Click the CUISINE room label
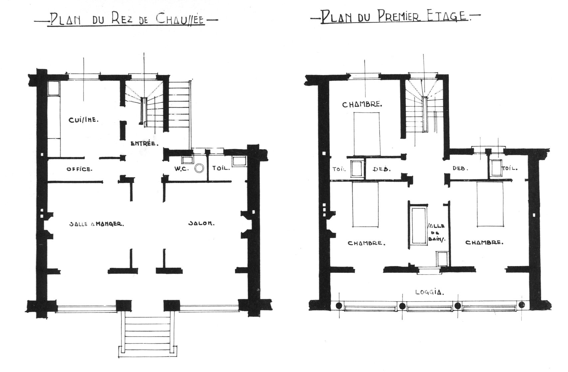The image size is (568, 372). click(x=84, y=120)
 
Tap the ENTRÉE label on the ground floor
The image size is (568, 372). click(x=144, y=143)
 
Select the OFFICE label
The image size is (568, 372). click(x=80, y=169)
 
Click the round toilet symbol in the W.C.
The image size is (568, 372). click(x=199, y=168)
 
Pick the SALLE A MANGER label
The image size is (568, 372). click(x=96, y=224)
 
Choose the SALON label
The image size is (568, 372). click(x=201, y=223)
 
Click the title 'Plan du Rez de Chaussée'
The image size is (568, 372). click(x=126, y=20)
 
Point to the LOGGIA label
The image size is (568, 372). click(x=430, y=293)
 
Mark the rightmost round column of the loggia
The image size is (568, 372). click(x=522, y=305)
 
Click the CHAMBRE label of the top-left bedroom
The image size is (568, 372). click(x=362, y=104)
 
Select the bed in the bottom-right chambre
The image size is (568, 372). click(x=490, y=204)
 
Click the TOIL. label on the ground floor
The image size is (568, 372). click(x=221, y=168)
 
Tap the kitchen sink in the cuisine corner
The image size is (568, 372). click(x=54, y=88)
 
